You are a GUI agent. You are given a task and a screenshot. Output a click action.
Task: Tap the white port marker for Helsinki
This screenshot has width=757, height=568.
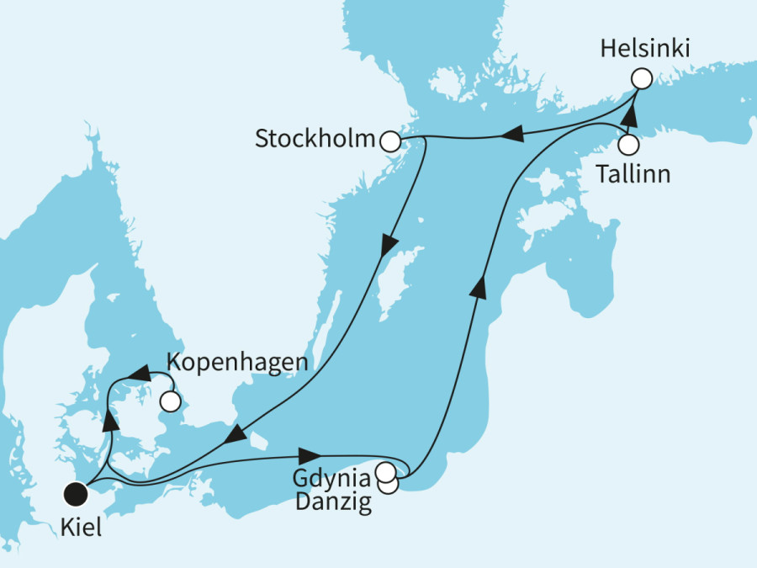(x=642, y=79)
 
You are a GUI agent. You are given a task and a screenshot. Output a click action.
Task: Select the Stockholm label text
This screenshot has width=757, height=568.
(x=315, y=140)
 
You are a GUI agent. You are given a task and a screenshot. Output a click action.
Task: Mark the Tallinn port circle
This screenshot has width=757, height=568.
(x=628, y=145)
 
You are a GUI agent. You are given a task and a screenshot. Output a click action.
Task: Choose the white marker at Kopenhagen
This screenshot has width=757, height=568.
(x=171, y=402)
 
